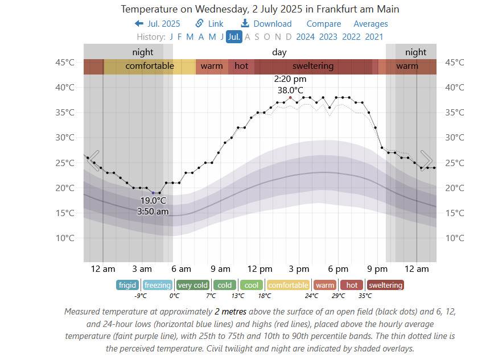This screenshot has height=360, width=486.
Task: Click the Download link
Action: pos(266,24)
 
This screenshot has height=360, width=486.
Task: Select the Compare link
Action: pos(324,24)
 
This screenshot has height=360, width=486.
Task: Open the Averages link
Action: pos(370,24)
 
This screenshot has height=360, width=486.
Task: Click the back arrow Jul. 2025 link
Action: pos(157,24)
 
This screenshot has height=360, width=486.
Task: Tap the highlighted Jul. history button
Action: pos(234,37)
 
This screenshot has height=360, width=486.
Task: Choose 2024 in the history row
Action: pos(306,37)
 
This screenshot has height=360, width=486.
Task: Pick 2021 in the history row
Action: pos(374,37)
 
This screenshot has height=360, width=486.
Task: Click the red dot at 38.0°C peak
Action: pos(290,97)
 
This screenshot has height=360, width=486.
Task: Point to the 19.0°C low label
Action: pos(153,200)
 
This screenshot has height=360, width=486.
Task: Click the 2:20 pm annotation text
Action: pos(290,79)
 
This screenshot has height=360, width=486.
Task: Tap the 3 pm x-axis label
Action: pos(299,269)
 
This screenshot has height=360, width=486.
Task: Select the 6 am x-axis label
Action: pos(181,269)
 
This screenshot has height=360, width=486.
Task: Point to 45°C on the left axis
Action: pos(64,62)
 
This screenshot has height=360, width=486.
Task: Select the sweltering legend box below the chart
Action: pos(385,285)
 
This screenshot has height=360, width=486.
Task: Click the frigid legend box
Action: pos(127,285)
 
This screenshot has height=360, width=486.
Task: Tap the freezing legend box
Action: pos(158,285)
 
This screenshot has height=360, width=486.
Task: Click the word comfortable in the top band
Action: pos(150,66)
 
